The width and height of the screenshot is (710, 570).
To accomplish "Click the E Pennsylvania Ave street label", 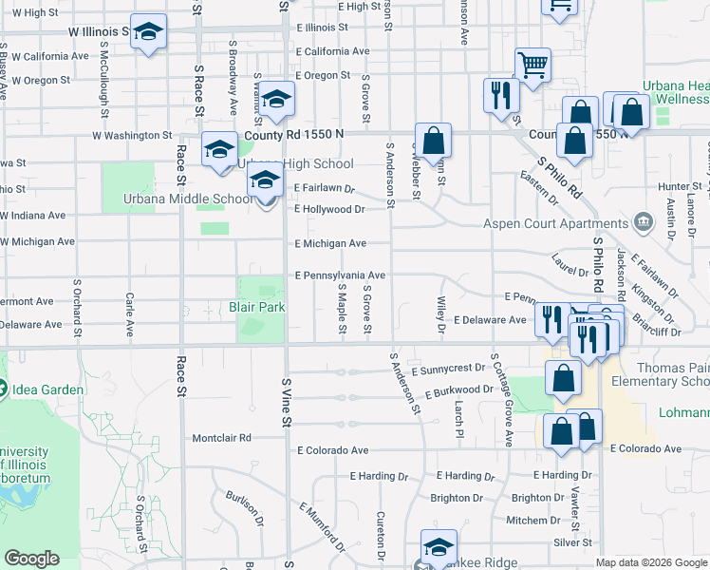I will (x=340, y=275).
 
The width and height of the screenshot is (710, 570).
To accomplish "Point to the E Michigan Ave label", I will (x=329, y=244).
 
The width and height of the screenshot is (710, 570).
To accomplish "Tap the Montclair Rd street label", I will (x=221, y=438).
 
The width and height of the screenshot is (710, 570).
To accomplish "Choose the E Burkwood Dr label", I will (x=459, y=390).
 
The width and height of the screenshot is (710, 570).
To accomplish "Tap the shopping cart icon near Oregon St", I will (x=533, y=65).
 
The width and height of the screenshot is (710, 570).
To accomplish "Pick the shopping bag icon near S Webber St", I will (x=433, y=141).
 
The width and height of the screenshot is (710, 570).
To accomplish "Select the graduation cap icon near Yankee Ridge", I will (x=439, y=547).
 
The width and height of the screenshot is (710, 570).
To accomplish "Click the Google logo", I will (x=33, y=560).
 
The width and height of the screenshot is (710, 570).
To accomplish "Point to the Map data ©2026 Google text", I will (x=650, y=562).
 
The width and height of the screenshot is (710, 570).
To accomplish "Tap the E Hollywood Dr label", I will (x=329, y=209).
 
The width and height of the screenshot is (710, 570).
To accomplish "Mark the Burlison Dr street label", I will (x=245, y=508).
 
